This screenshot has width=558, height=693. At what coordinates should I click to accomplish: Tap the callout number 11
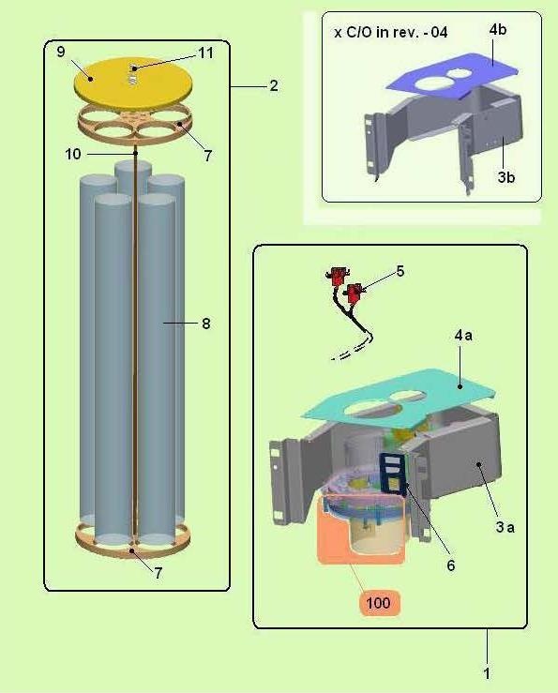pyautogui.click(x=205, y=53)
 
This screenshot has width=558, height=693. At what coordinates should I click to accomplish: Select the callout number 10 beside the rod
pyautogui.click(x=73, y=154)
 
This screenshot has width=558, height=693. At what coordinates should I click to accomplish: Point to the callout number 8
pyautogui.click(x=206, y=324)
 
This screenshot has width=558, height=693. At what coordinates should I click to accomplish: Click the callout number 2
pyautogui.click(x=274, y=85)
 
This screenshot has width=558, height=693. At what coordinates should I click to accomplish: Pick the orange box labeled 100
pyautogui.click(x=378, y=602)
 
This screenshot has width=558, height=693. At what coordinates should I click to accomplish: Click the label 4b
pyautogui.click(x=497, y=30)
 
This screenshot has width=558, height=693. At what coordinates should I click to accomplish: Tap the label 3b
pyautogui.click(x=506, y=177)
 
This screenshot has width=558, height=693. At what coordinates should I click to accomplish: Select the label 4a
pyautogui.click(x=463, y=336)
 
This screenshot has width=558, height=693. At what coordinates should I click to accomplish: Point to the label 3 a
pyautogui.click(x=505, y=527)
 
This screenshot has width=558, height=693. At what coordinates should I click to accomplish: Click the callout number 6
pyautogui.click(x=450, y=565)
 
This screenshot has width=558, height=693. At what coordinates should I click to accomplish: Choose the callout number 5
pyautogui.click(x=400, y=271)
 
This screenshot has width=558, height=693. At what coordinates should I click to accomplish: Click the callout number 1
pyautogui.click(x=487, y=673)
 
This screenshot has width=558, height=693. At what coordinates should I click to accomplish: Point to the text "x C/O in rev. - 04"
pyautogui.click(x=390, y=32)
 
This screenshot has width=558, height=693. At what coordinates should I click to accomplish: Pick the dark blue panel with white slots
pyautogui.click(x=393, y=474)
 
